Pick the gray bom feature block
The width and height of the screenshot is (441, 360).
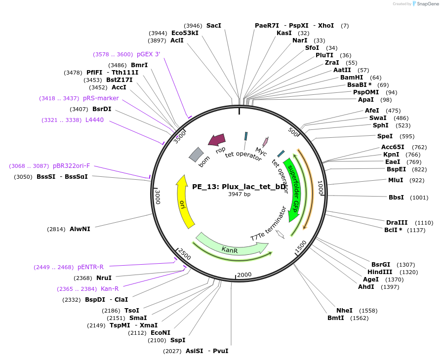click(x=196, y=155)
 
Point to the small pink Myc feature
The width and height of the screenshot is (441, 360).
click(x=265, y=142)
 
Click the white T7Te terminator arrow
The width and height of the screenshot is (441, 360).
click(x=280, y=234)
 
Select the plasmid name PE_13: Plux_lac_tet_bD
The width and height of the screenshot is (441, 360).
click(x=239, y=187)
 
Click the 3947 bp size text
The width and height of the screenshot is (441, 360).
click(x=239, y=195)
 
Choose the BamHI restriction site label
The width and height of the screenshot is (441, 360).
click(x=352, y=78)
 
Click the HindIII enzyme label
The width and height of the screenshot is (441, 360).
click(x=380, y=272)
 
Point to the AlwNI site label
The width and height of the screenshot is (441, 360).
click(x=80, y=229)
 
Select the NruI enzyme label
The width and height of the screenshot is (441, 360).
click(x=104, y=278)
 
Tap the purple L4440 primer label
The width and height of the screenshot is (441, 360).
click(x=94, y=120)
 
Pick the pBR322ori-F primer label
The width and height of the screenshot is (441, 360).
click(x=71, y=166)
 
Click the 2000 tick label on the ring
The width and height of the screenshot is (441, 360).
click(x=244, y=275)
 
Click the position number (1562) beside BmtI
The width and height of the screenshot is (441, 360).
click(x=360, y=318)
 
